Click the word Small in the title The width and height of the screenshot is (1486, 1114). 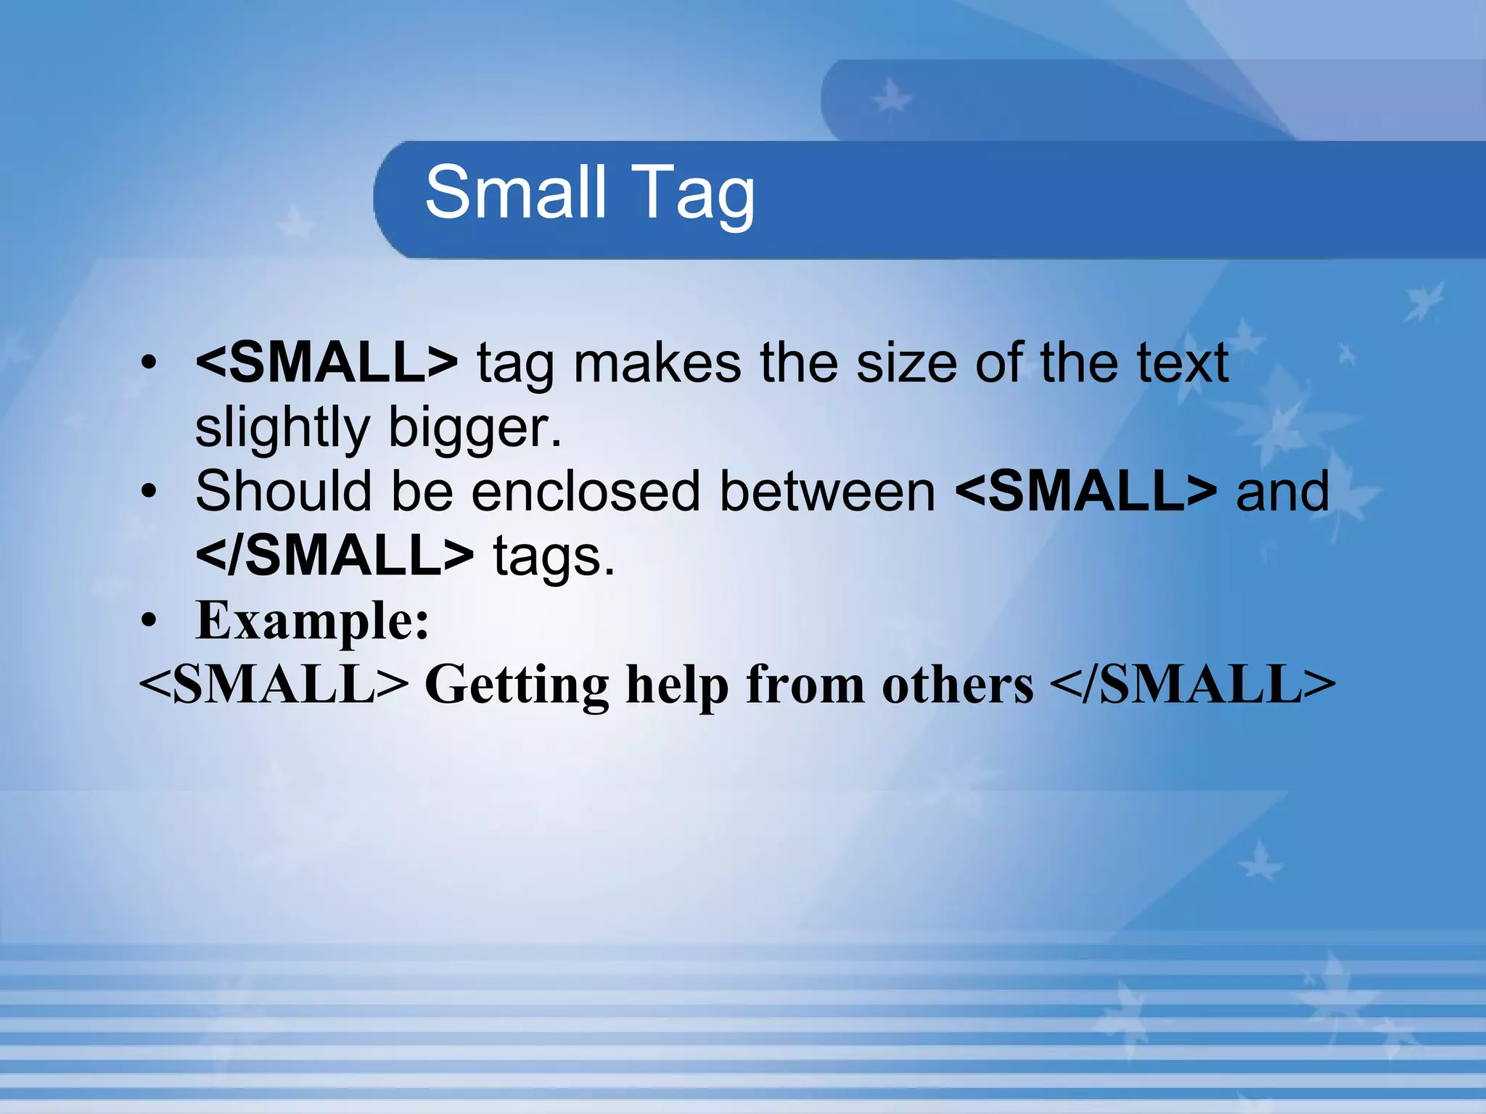[515, 191]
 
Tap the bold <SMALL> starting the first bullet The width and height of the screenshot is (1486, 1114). [327, 362]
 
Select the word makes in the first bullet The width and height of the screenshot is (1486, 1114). [657, 362]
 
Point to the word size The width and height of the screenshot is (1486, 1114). [906, 362]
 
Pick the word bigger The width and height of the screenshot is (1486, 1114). [475, 428]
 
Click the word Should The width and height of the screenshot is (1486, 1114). [284, 491]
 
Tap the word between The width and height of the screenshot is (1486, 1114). [827, 491]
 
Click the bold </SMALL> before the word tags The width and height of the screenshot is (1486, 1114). [334, 556]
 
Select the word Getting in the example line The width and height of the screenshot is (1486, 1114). [517, 685]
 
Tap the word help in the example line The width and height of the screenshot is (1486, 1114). [678, 685]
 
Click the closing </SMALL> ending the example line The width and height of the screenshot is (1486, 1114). [1192, 685]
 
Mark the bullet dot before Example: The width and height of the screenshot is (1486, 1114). [149, 620]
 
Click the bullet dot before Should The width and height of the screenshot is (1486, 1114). [149, 492]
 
